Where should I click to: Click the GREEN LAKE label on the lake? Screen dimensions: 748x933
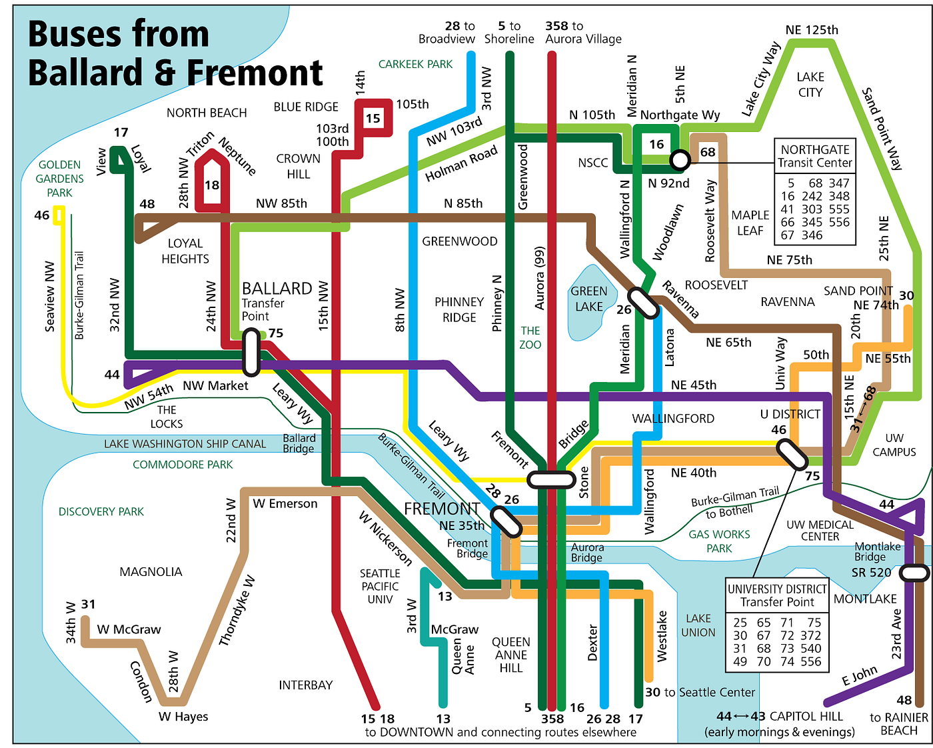coord(588,299)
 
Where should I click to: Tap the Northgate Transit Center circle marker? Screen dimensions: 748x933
coord(680,160)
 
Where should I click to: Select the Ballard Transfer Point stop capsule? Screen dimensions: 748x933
coord(251,351)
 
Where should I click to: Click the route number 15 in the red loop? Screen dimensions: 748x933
coord(373,119)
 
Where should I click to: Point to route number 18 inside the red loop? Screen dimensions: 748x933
coord(212,185)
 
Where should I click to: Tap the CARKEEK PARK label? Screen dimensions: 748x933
coord(415,64)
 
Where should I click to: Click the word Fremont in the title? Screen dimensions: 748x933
coord(255,72)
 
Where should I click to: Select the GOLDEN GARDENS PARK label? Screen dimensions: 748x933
coord(59,179)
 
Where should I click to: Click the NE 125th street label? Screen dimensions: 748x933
coord(812,30)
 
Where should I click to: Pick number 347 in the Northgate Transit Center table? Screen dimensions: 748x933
coord(838,183)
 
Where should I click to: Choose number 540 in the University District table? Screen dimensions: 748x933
coord(810,648)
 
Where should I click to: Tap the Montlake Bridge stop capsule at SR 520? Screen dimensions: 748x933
coord(914,573)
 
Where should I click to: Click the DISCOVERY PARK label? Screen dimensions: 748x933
coord(101,511)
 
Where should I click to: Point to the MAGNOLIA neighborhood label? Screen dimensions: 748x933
coord(151,571)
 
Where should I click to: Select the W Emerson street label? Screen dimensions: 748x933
coord(285,503)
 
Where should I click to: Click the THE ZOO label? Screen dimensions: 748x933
coord(530,337)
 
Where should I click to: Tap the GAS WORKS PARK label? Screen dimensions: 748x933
coord(719,541)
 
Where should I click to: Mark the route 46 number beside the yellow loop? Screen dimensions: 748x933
coord(41,215)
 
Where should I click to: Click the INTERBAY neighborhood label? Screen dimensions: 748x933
coord(305,685)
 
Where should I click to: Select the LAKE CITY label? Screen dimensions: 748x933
coord(810,85)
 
